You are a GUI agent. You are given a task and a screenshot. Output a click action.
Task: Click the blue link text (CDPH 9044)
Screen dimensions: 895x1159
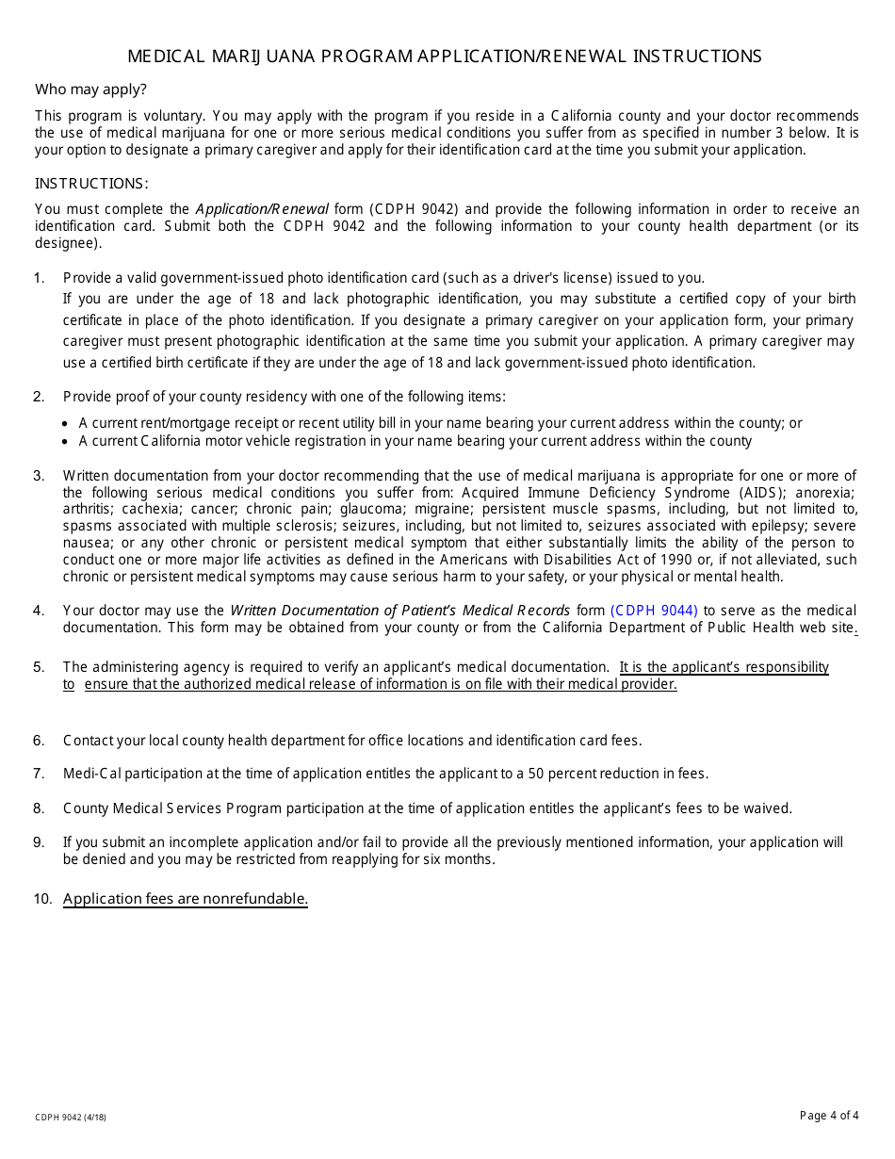pyautogui.click(x=654, y=611)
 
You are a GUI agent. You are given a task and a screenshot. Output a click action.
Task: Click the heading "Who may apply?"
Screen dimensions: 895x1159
pyautogui.click(x=90, y=90)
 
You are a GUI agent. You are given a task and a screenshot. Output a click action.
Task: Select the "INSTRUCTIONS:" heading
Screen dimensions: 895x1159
pyautogui.click(x=91, y=184)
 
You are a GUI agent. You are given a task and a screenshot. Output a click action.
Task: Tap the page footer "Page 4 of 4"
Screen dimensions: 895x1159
pyautogui.click(x=829, y=1116)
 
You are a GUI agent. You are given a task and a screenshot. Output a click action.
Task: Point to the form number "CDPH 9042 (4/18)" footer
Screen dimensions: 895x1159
pyautogui.click(x=71, y=1118)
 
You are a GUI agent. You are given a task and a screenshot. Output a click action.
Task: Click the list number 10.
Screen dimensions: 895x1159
pyautogui.click(x=42, y=899)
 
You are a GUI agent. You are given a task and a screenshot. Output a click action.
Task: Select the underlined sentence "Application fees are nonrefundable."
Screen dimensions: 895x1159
pyautogui.click(x=186, y=899)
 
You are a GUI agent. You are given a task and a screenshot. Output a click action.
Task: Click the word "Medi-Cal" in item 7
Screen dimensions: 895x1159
pyautogui.click(x=91, y=774)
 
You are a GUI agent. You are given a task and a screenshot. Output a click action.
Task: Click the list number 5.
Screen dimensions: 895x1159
pyautogui.click(x=39, y=667)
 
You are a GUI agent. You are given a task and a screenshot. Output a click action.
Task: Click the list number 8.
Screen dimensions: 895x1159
pyautogui.click(x=39, y=808)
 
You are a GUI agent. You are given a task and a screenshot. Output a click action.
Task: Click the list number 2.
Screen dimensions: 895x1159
pyautogui.click(x=39, y=397)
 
